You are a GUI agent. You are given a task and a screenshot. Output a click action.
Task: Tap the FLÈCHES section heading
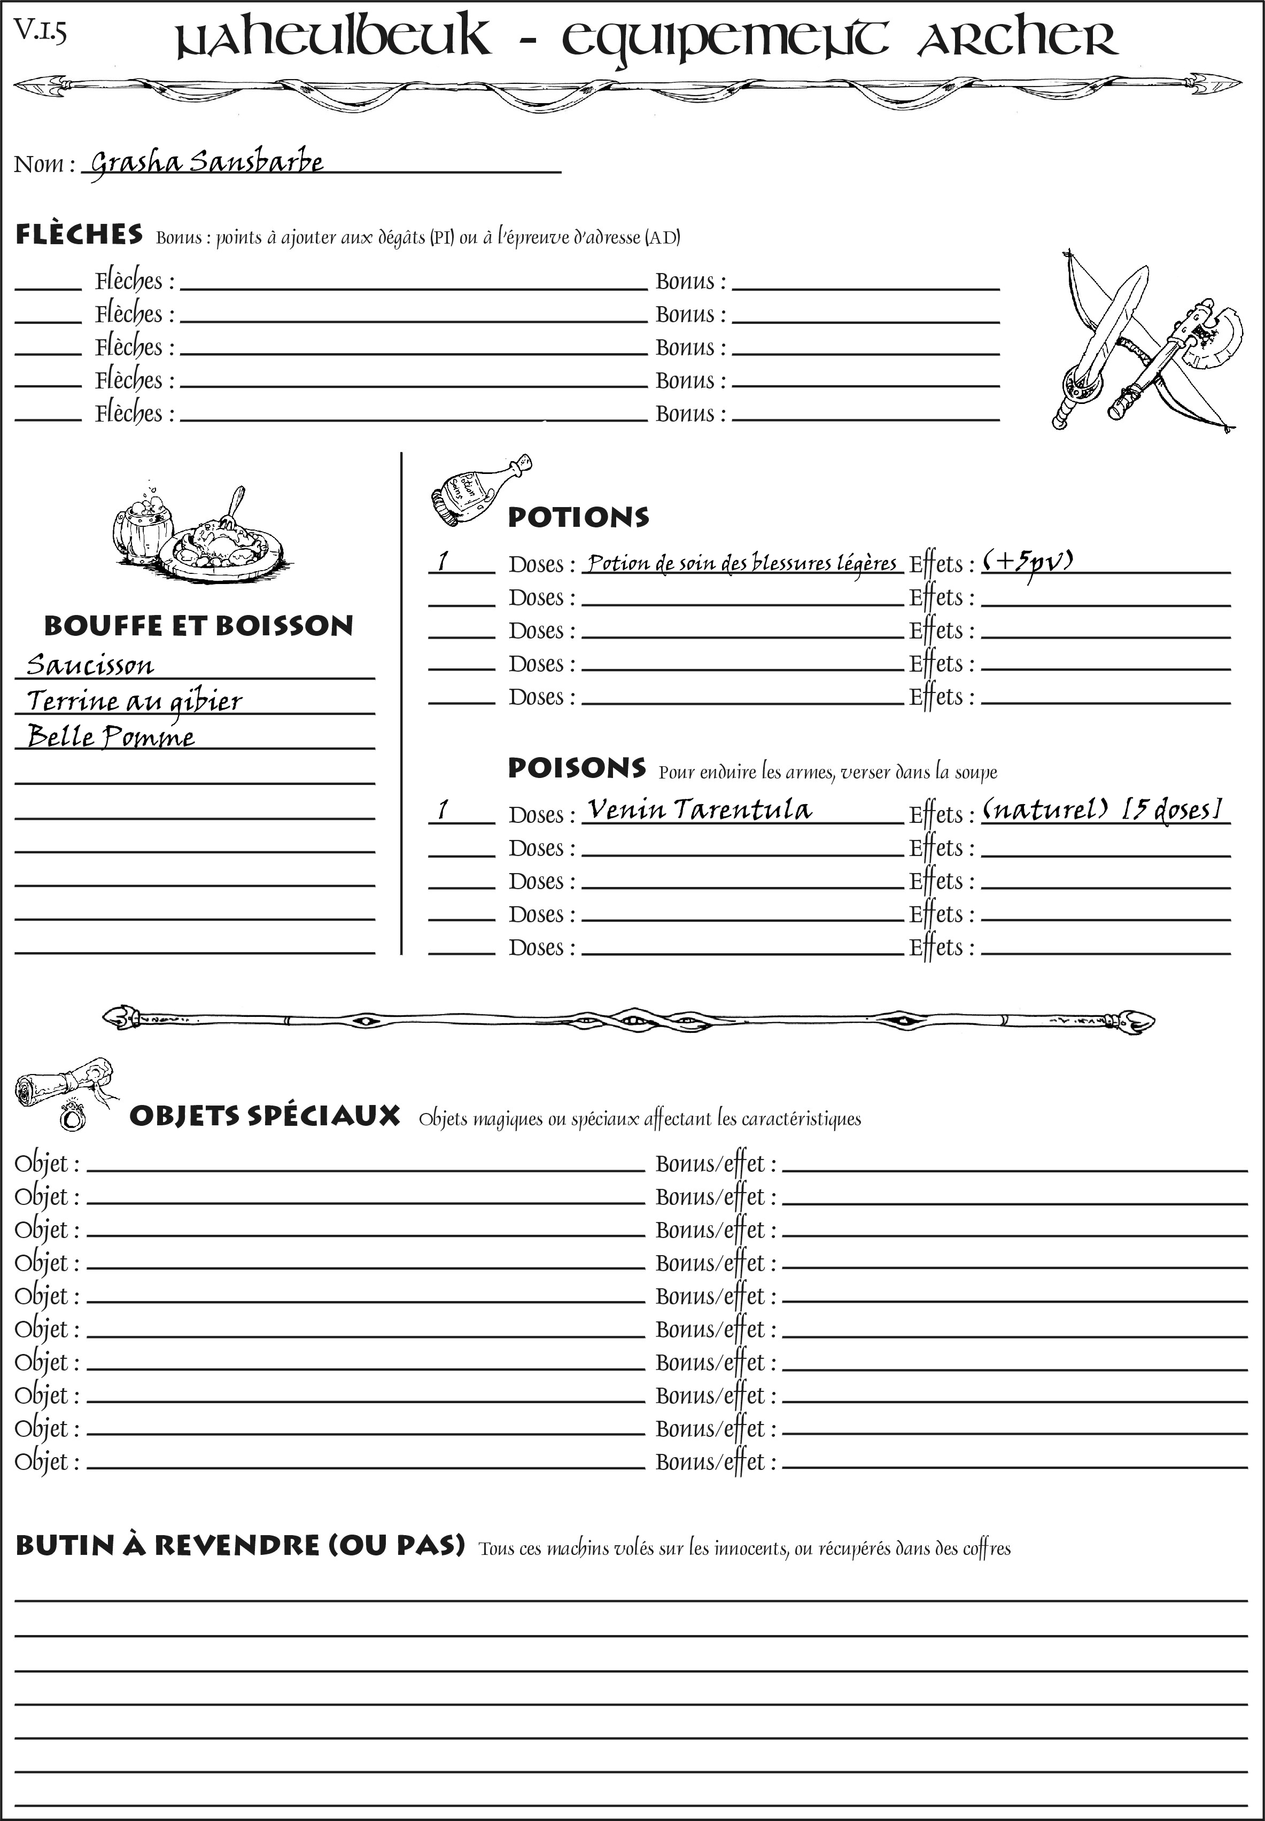tap(79, 235)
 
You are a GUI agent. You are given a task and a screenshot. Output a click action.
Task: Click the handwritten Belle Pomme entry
tap(111, 737)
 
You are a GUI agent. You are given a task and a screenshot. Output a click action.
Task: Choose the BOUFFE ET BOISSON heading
tap(198, 625)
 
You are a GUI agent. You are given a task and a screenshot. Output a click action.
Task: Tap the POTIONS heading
tap(578, 517)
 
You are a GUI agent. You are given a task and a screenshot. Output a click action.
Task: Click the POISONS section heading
tap(576, 768)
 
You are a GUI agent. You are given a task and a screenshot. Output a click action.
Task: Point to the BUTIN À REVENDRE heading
tap(239, 1546)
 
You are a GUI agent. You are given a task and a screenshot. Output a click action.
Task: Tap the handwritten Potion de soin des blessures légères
tap(742, 563)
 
